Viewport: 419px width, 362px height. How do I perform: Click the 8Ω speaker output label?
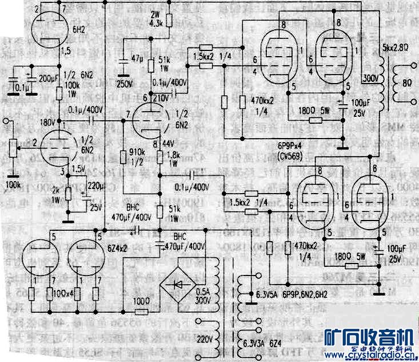(407, 83)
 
